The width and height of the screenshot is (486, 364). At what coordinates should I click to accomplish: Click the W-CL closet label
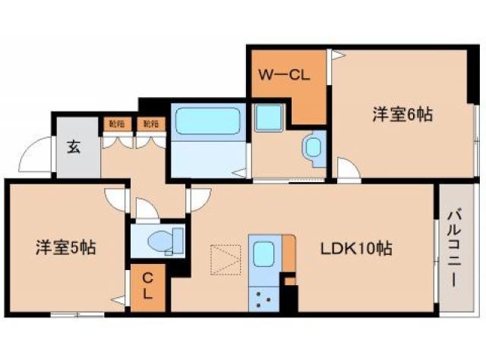[x=282, y=75]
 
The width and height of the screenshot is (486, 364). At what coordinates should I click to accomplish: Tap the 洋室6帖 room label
[x=402, y=115]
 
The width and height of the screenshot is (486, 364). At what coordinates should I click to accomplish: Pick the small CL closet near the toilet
[x=148, y=287]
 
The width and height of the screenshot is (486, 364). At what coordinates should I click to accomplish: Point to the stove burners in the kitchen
[x=264, y=298]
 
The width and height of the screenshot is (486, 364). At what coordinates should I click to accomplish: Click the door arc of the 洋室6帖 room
[x=347, y=168]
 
